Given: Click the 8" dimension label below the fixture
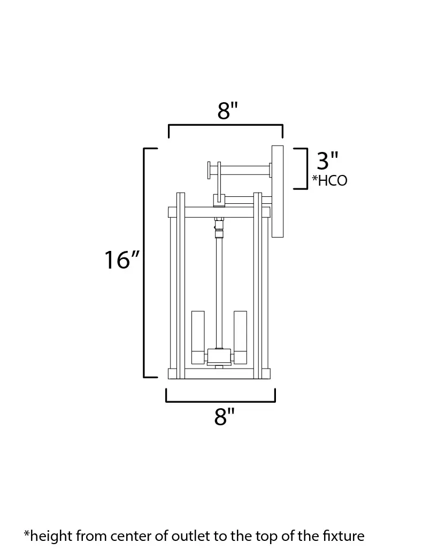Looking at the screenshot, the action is click(x=225, y=416).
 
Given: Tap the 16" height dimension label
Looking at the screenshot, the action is click(x=121, y=259).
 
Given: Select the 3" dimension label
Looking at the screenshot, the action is click(x=327, y=160).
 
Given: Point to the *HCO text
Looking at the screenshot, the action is click(x=329, y=180).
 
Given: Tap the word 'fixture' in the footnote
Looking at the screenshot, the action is click(x=343, y=536).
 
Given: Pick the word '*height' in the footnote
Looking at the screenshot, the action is click(x=48, y=536).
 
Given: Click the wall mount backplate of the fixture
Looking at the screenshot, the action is click(x=278, y=191).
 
